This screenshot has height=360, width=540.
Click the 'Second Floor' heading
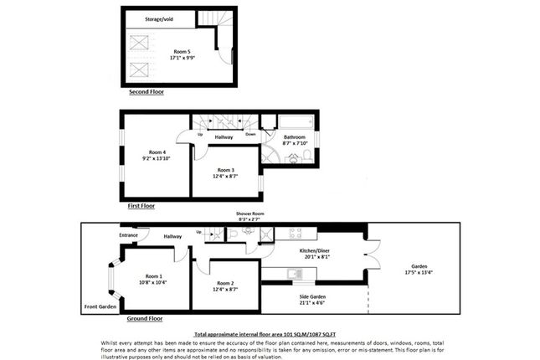click(147, 92)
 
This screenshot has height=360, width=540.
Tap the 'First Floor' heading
click(141, 205)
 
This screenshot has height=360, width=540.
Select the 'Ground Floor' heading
click(144, 319)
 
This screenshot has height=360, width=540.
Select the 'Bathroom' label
click(295, 137)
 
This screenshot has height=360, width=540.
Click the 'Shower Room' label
click(249, 214)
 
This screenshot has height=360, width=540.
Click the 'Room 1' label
click(152, 276)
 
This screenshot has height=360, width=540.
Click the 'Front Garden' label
click(100, 307)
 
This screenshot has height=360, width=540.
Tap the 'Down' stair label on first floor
click(249, 134)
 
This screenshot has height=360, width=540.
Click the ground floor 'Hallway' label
click(173, 237)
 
